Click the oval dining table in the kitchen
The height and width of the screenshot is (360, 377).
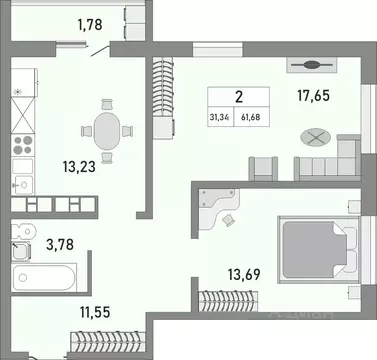pos(111,129)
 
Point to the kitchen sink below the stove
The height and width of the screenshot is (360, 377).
pos(22,179)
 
